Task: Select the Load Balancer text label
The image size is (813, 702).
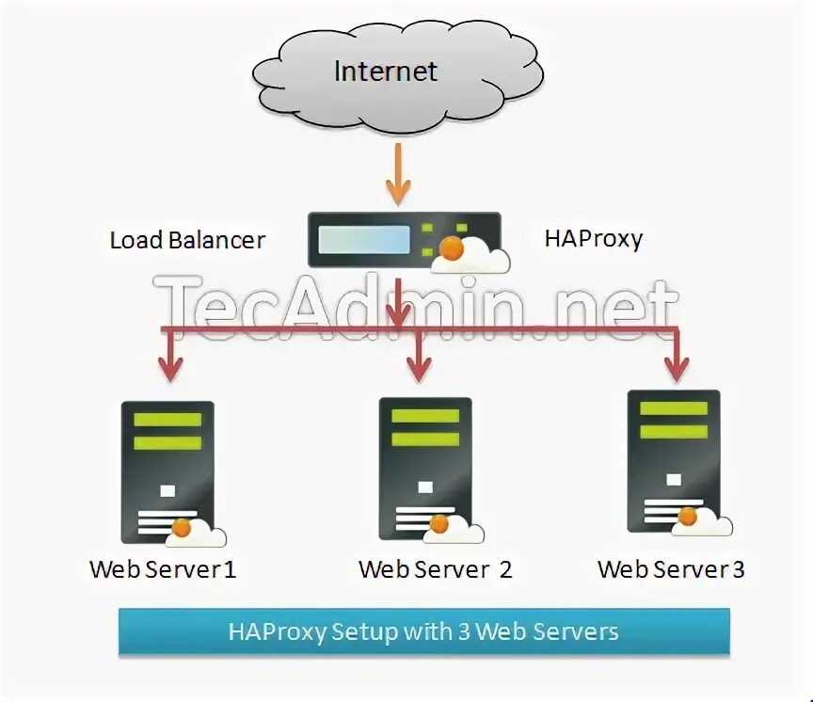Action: (187, 240)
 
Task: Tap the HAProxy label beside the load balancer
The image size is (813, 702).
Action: (593, 238)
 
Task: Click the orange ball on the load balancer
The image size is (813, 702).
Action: (453, 249)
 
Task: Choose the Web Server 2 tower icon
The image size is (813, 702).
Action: (424, 468)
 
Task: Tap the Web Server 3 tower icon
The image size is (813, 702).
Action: (673, 461)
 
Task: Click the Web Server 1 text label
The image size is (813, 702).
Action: (163, 569)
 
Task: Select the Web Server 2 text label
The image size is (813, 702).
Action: (435, 569)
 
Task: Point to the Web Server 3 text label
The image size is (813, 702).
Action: (671, 569)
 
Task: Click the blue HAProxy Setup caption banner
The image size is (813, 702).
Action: (423, 630)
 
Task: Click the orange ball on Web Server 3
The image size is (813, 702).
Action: (689, 516)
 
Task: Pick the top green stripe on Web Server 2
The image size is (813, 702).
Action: (425, 416)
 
